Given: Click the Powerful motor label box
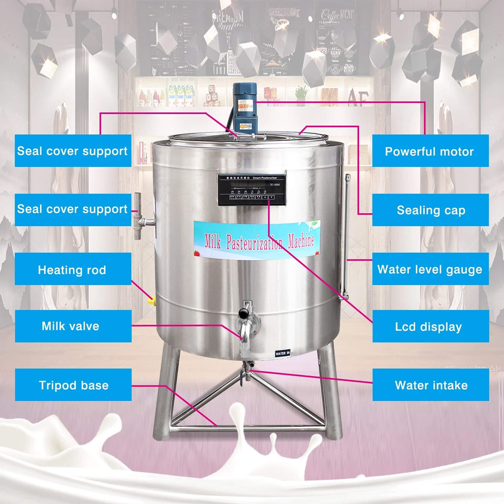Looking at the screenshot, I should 430,151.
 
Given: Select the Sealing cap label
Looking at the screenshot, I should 431,210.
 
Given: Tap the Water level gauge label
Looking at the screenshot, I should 430,269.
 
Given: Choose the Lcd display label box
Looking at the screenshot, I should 429,326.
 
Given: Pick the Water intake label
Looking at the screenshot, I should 431,384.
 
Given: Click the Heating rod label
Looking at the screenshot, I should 72,269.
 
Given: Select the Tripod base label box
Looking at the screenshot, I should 73,384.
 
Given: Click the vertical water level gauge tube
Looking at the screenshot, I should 346,236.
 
